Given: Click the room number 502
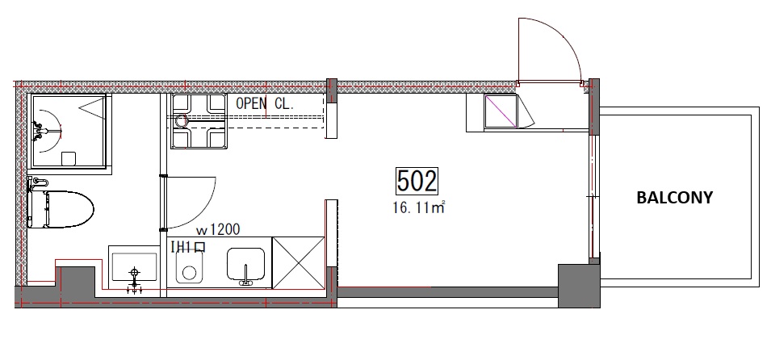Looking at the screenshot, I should pos(417,180).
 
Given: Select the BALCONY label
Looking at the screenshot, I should pos(674,197).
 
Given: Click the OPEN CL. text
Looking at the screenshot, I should pos(264,104).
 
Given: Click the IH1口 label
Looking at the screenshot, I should pos(187,249).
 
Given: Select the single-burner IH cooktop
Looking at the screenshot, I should pos(190,270).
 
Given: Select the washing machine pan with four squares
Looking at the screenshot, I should pos(199,121).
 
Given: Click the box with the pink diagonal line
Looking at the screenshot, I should pos(500,111).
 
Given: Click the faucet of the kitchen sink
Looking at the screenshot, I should pos(246,282).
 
